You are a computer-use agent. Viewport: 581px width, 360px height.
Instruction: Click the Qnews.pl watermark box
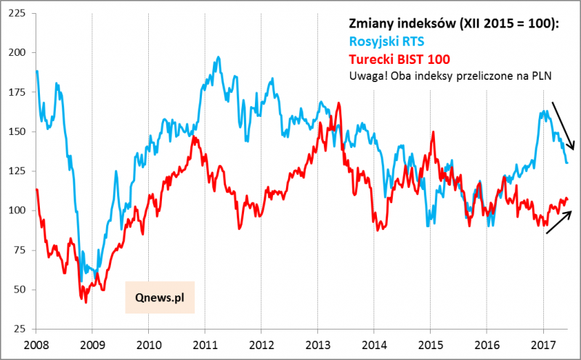160,297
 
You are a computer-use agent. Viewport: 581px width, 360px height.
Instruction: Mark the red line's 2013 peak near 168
339,103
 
